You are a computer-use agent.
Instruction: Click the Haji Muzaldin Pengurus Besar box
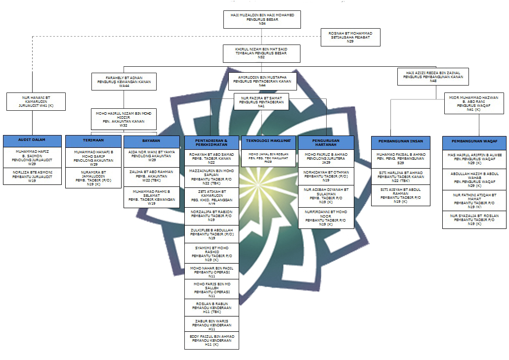click(x=262, y=19)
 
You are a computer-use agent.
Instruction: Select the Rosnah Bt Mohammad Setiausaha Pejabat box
click(x=350, y=37)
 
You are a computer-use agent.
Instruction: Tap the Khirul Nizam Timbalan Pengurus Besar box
click(x=261, y=53)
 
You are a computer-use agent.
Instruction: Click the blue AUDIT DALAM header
click(x=33, y=140)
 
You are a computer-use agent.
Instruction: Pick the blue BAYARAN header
click(x=152, y=140)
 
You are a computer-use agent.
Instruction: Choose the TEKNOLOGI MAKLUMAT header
click(x=268, y=140)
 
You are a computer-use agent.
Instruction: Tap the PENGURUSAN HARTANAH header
click(x=326, y=143)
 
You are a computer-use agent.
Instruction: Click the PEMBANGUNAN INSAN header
click(x=400, y=141)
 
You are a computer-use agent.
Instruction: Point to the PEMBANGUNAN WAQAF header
click(x=474, y=141)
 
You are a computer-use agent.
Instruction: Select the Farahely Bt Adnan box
click(x=124, y=81)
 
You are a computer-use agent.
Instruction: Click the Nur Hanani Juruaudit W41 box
click(x=36, y=101)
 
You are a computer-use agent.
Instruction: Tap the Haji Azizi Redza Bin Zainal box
click(x=433, y=77)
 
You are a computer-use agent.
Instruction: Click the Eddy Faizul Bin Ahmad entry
click(x=212, y=341)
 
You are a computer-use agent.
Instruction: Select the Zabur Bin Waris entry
click(x=212, y=324)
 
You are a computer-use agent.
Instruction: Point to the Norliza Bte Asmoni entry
click(x=33, y=176)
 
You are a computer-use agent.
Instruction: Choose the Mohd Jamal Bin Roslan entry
click(x=268, y=158)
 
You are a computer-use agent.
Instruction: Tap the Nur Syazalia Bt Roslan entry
click(x=474, y=220)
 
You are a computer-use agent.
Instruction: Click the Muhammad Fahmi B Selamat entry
click(x=152, y=197)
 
